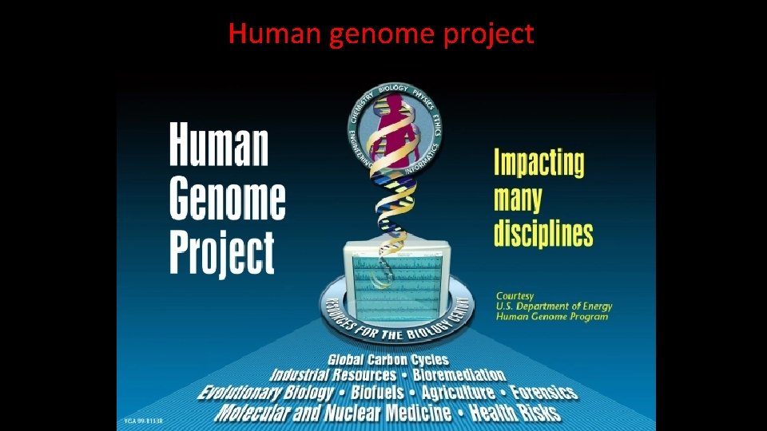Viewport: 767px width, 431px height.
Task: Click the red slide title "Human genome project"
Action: click(380, 34)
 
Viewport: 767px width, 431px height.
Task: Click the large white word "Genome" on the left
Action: click(227, 200)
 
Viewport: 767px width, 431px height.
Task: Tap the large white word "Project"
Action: click(222, 251)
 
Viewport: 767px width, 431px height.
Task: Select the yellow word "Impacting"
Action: click(538, 163)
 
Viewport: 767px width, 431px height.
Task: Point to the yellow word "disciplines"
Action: click(543, 233)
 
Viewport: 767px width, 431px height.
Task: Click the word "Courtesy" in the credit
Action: click(515, 296)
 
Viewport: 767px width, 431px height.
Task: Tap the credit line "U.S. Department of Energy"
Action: click(551, 306)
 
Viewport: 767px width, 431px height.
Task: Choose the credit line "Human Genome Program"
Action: click(551, 317)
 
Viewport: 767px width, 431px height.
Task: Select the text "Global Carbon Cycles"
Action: click(387, 360)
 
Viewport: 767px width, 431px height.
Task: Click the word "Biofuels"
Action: click(376, 393)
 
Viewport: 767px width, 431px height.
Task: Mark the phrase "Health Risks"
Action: click(515, 413)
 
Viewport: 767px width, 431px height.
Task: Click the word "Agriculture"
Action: click(458, 393)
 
